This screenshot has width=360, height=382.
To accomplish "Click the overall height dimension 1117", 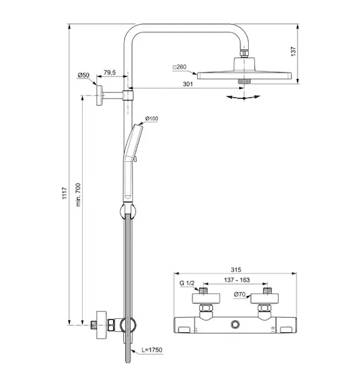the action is pos(64,193).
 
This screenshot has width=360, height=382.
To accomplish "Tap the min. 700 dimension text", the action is pos(78,195).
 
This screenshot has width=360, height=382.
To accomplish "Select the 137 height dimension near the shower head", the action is pos(294,52).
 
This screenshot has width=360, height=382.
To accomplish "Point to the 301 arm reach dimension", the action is pos(188,84).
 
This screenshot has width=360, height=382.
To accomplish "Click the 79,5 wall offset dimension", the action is pos(110,73).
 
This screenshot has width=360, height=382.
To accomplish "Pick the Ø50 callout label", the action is pos(83,75).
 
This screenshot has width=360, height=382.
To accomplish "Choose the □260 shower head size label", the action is pos(179,67).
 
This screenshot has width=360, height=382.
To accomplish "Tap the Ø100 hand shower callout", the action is pos(151,118).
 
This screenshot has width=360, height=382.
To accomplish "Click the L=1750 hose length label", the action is pos(152,350).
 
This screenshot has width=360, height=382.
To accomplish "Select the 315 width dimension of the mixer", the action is pos(236,270).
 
